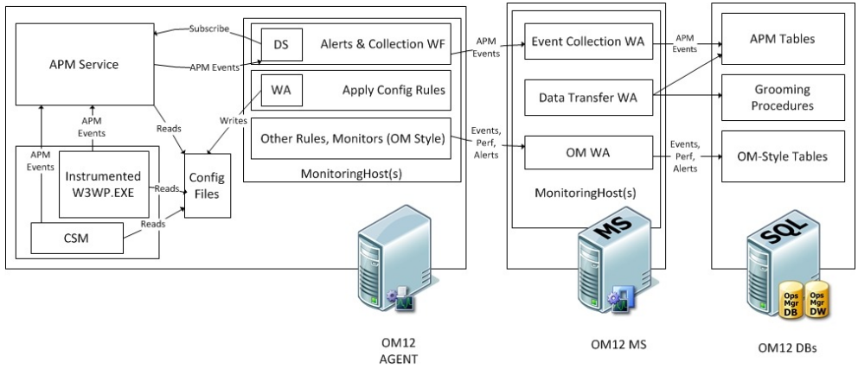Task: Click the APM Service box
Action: [84, 65]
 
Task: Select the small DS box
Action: [281, 44]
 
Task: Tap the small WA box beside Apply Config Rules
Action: [281, 90]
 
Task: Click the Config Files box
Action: [208, 186]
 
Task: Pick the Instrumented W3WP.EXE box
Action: [104, 184]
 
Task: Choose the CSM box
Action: [77, 239]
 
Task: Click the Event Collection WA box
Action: [588, 41]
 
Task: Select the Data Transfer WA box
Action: [588, 98]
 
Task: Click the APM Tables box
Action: [783, 39]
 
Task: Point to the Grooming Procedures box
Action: [783, 98]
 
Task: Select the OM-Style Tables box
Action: [783, 156]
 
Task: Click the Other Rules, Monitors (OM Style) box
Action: [351, 138]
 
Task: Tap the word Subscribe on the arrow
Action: [209, 29]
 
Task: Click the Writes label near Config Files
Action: [234, 120]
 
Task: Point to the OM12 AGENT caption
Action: [398, 351]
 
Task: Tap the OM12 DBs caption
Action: [787, 347]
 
